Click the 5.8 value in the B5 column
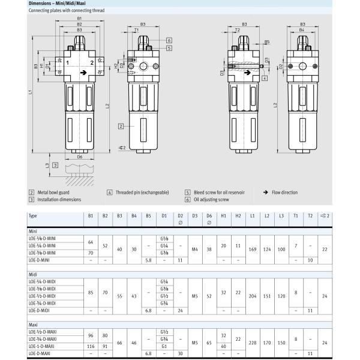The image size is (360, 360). point(148,260)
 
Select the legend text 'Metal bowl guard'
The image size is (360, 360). point(55,192)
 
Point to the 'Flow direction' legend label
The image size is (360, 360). point(283,192)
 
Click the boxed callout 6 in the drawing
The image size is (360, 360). point(170,40)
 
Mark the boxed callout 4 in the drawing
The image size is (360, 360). point(265,78)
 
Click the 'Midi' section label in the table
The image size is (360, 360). point(34,274)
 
